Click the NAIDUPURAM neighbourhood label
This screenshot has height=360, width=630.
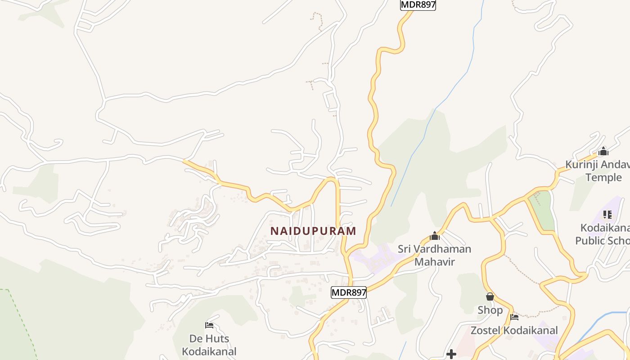(x=313, y=231)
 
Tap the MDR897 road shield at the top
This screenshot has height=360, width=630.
(x=418, y=5)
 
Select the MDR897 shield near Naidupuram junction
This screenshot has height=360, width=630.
(x=349, y=292)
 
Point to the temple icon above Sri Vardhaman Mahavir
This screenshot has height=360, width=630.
(x=434, y=236)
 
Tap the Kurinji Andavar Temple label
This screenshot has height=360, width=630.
(x=597, y=171)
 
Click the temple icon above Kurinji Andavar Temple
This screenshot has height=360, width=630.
(x=603, y=151)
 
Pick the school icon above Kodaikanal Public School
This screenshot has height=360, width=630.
(x=607, y=215)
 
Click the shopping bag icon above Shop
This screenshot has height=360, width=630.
(x=490, y=297)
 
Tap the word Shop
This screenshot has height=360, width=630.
(x=490, y=310)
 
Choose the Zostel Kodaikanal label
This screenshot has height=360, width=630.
(x=514, y=331)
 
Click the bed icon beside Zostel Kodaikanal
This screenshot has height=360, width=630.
(x=514, y=317)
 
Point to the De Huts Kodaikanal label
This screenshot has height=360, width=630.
(x=209, y=345)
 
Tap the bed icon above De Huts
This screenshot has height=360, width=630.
(x=209, y=325)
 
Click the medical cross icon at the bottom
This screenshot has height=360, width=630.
(x=451, y=355)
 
